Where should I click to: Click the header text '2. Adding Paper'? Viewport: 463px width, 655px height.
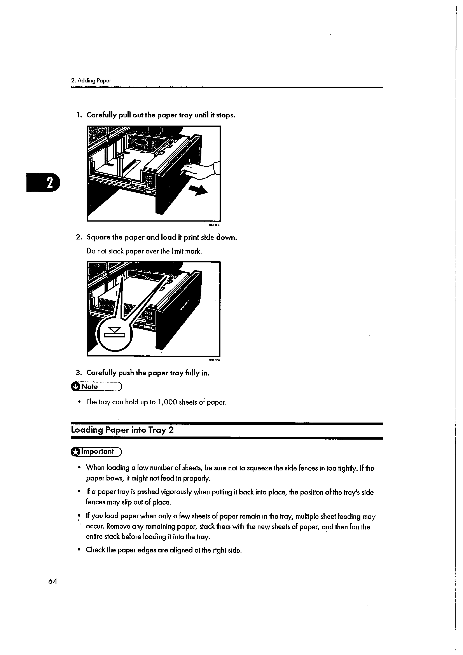pyautogui.click(x=91, y=81)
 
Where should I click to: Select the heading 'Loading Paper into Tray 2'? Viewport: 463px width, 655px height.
pyautogui.click(x=122, y=430)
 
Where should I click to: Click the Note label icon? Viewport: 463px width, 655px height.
pyautogui.click(x=75, y=386)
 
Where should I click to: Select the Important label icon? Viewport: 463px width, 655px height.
pyautogui.click(x=75, y=452)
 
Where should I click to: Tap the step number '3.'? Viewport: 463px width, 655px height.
pyautogui.click(x=78, y=373)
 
